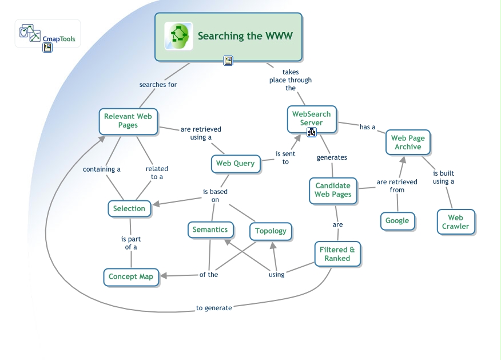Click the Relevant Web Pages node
coord(128,121)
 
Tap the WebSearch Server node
coord(311,118)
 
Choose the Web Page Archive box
coord(407,143)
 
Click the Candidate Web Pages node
coord(333,190)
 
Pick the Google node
coord(397,220)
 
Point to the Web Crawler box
coord(455,221)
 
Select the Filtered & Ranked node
coord(337,254)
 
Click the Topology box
coord(271,231)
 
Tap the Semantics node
coord(210,230)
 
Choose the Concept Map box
coord(131,276)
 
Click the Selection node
coord(129,208)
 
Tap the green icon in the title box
coord(178,36)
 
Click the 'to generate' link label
coord(214,308)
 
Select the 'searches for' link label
coord(158,85)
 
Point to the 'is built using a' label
coord(443,177)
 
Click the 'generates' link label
coord(332,157)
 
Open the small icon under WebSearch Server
coord(312,132)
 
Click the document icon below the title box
coord(228,61)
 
